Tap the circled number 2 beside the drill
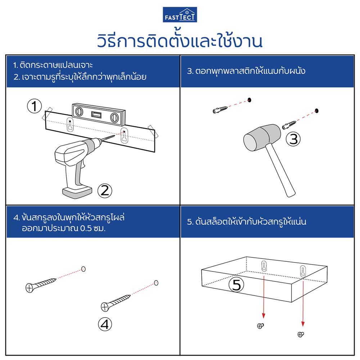[x=104, y=190]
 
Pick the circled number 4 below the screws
[x=104, y=324]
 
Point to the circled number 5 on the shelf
[x=237, y=285]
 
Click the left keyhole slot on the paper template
[x=69, y=125]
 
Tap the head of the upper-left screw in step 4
[x=30, y=287]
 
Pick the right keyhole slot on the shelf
[x=302, y=271]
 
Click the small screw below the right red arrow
[x=301, y=334]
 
